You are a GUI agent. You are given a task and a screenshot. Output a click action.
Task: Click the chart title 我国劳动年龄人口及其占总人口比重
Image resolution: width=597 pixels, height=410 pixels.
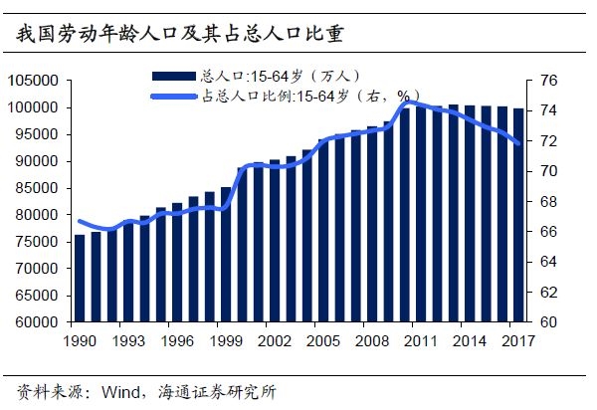(180, 36)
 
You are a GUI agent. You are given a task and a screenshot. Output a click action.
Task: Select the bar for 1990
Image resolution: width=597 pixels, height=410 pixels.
(80, 279)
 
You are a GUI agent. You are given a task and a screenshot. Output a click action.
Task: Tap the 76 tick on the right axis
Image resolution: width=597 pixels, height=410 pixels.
(548, 81)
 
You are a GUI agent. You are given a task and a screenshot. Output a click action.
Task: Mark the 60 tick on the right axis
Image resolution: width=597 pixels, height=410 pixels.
(548, 322)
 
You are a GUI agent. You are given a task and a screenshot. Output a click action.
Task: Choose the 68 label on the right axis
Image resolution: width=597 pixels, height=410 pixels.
(548, 202)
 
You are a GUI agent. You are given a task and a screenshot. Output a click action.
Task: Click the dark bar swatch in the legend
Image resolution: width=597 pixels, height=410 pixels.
(174, 75)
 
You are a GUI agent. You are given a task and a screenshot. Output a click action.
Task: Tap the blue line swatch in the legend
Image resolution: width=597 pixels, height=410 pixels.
(174, 96)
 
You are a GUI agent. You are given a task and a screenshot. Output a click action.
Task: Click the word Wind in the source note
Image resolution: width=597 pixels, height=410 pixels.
(118, 390)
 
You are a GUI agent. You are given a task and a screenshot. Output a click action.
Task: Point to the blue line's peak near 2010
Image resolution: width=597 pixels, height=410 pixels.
(406, 102)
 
